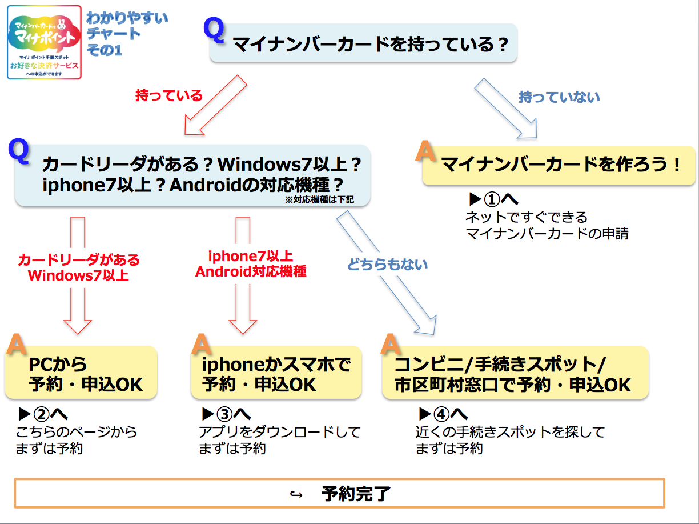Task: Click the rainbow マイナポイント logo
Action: click(45, 42)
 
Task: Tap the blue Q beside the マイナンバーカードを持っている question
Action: click(214, 30)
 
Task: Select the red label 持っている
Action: click(169, 95)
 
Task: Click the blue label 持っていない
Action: click(559, 97)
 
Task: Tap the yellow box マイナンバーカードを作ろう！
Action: click(559, 165)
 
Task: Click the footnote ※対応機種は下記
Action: click(319, 200)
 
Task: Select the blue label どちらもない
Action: click(387, 265)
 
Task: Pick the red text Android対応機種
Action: click(251, 272)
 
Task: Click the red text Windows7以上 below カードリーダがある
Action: click(78, 275)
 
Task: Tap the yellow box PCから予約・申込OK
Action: click(81, 373)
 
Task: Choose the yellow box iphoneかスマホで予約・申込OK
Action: click(276, 373)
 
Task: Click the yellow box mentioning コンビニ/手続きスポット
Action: click(516, 373)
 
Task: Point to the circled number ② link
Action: click(42, 414)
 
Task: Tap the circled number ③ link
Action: click(225, 414)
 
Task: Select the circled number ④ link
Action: click(441, 414)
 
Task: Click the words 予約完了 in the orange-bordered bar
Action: click(356, 494)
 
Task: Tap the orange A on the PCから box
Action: click(17, 343)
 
